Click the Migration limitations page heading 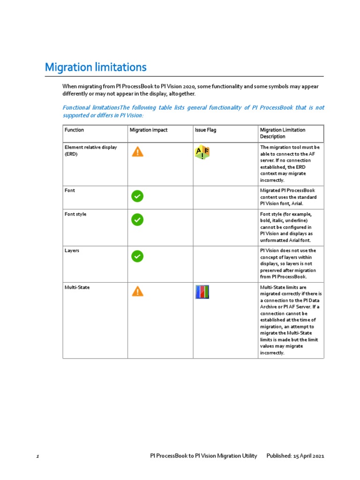pos(96,67)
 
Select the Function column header pos(75,130)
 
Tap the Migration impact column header pos(149,130)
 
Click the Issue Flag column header pos(205,130)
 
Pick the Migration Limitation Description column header pos(283,133)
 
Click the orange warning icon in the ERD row pos(137,151)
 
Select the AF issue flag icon pos(202,152)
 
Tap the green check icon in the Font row pos(137,196)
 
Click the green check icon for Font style pos(137,220)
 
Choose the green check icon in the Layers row pos(137,256)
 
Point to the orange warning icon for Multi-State pos(137,292)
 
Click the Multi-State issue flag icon pos(202,292)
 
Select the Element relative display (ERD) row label pos(90,150)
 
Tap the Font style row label pos(75,214)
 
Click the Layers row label pos(72,251)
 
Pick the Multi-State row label pos(76,287)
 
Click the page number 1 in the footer pos(37,456)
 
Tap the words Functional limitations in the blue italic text pos(91,108)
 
